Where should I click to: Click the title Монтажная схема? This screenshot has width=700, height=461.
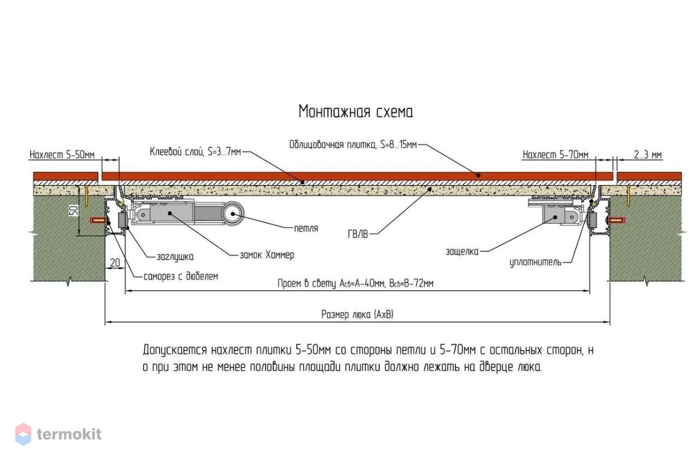tap(355, 112)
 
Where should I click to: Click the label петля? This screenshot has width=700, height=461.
tap(306, 228)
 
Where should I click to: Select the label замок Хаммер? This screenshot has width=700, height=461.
tap(267, 255)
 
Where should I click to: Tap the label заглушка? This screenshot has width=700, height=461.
tap(175, 257)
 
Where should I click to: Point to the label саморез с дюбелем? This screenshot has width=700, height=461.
tap(181, 276)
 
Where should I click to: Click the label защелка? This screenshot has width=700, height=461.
tap(461, 251)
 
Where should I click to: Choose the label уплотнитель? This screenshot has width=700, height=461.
tap(535, 262)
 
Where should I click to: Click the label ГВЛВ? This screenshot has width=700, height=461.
tap(358, 234)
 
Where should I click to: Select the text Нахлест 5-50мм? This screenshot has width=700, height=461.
tap(62, 155)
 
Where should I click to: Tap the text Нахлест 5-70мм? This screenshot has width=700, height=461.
tap(555, 155)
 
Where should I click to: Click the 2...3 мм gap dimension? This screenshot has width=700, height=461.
tap(648, 155)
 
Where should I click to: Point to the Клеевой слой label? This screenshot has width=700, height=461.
tap(195, 152)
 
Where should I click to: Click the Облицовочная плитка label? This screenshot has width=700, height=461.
tap(353, 145)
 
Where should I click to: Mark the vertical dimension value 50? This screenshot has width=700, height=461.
tap(74, 210)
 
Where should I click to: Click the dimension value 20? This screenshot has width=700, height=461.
tap(115, 263)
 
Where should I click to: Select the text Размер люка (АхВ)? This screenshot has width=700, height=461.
tap(357, 314)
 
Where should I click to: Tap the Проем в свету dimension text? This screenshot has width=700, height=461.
tap(355, 284)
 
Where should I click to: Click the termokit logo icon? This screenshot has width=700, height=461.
tap(23, 434)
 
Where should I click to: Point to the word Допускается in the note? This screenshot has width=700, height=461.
tap(175, 350)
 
